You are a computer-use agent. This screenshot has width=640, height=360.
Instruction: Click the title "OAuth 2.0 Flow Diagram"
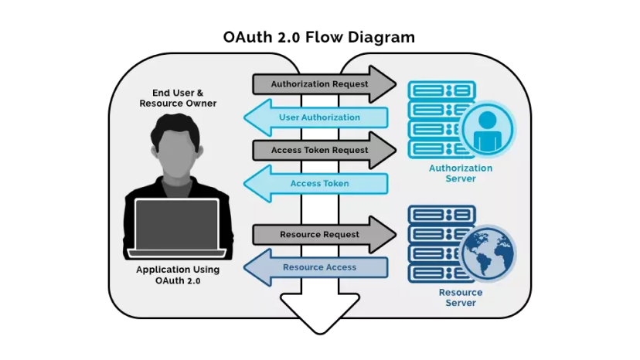(319, 36)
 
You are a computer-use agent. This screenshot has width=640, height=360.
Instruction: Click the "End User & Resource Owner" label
(178, 98)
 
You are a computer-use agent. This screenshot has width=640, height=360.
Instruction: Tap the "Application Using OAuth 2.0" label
(178, 275)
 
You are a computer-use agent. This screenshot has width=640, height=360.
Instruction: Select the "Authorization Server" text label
(461, 173)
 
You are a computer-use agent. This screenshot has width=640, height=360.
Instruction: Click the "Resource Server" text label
(461, 297)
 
